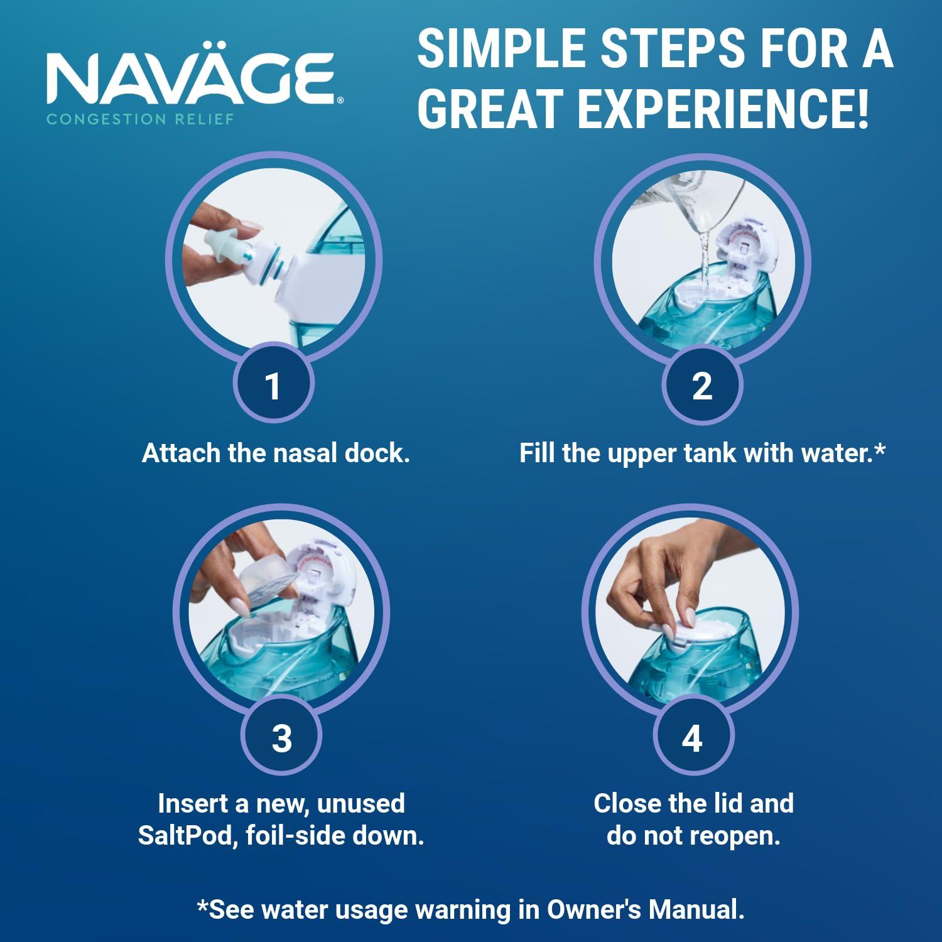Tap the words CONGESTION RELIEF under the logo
(140, 119)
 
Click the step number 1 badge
(273, 385)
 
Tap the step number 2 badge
(702, 385)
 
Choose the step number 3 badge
(281, 737)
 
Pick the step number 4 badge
(692, 737)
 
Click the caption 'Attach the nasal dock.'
(276, 453)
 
